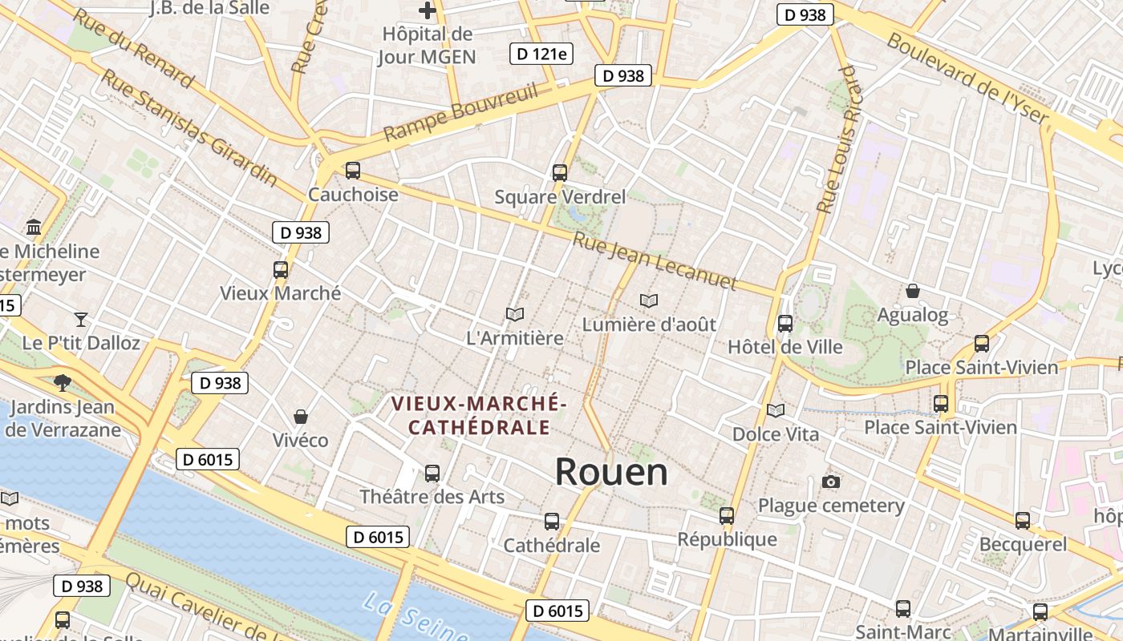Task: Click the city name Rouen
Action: point(611,472)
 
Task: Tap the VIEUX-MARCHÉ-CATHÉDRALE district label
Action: point(479,414)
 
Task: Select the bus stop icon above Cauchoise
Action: point(352,171)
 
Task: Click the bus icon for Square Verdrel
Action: point(560,172)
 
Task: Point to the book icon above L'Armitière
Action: point(515,314)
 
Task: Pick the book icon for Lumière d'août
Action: point(649,300)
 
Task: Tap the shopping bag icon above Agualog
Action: point(912,291)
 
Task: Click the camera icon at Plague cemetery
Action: point(831,482)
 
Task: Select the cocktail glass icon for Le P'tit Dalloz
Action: point(80,320)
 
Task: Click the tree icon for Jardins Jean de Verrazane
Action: point(62,383)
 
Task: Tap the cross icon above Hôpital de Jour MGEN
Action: point(428,10)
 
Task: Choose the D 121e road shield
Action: point(541,54)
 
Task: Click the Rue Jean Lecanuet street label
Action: point(655,261)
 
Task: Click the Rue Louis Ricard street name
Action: point(837,140)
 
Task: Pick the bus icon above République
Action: point(727,516)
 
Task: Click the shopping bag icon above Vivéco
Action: point(301,417)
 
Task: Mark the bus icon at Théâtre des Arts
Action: point(432,474)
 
